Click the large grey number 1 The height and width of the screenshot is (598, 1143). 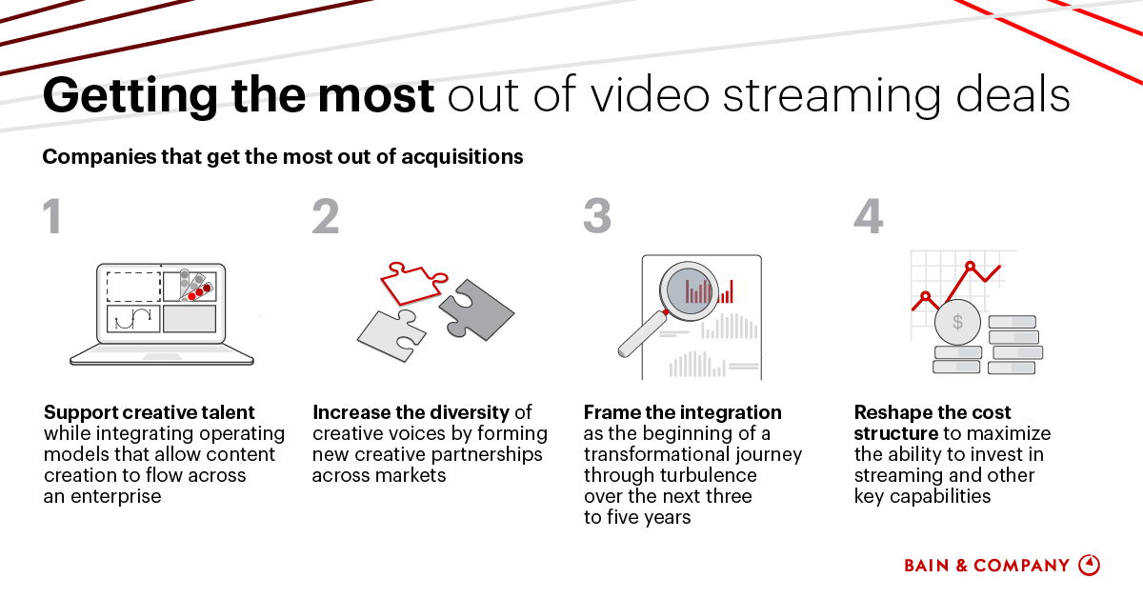coord(52,216)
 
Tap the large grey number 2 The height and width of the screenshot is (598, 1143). coord(326,216)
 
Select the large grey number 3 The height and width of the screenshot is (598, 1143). coord(597,216)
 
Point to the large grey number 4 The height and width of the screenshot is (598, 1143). coord(869,216)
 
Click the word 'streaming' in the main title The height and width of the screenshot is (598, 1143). coord(832,95)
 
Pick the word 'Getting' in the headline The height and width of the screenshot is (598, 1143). coord(130,95)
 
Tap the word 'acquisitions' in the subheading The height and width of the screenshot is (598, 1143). coord(462,157)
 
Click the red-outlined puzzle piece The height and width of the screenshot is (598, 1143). coord(412,284)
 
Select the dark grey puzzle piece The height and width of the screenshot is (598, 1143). coord(476,309)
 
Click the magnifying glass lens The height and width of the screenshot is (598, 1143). coord(689,291)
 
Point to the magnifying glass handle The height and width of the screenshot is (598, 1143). coord(642,334)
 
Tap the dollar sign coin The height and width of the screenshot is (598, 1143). coord(958,323)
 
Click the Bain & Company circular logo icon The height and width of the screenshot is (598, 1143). coord(1089,565)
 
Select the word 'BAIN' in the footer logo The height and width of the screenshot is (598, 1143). coord(927,566)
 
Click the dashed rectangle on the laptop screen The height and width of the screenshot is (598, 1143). coord(133,287)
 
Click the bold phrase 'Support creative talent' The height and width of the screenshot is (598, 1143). coord(149,412)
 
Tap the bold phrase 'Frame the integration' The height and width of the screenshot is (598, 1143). coord(683,412)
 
